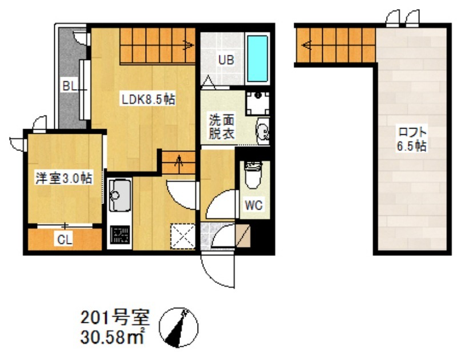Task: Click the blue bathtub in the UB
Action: [x=258, y=59]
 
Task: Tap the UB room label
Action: [x=226, y=60]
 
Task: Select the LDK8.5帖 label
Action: [x=148, y=100]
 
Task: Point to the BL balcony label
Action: [x=70, y=86]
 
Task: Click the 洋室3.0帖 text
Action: [x=64, y=178]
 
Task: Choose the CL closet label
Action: [x=65, y=240]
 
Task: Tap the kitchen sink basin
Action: [x=119, y=195]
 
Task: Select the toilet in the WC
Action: [x=254, y=175]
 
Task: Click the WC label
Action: [x=254, y=205]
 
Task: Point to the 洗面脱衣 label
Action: [x=222, y=127]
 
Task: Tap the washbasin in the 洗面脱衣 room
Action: [x=263, y=131]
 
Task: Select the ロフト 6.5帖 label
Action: [x=412, y=139]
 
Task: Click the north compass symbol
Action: [x=178, y=327]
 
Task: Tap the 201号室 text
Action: [x=115, y=318]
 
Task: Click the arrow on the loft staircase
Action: [x=306, y=45]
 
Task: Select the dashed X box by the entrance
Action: [x=183, y=236]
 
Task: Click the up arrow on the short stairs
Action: [x=178, y=160]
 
